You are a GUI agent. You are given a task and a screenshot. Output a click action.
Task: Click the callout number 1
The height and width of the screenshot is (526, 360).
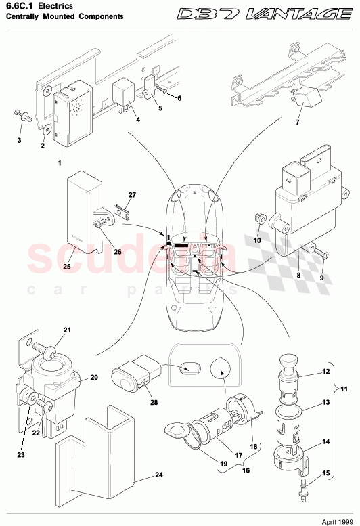click(60, 163)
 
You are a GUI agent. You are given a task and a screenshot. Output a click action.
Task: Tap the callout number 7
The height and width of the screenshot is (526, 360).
click(296, 122)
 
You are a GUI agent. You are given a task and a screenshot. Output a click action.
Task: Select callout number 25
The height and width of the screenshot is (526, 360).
click(66, 267)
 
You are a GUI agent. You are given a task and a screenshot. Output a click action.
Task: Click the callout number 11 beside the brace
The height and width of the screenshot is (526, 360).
click(351, 390)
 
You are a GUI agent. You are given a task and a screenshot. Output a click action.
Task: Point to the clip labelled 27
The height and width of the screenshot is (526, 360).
click(122, 211)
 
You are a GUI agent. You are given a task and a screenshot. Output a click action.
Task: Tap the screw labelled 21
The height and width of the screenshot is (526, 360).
click(49, 350)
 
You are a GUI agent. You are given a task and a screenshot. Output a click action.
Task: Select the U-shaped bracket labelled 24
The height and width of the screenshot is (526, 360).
click(95, 454)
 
